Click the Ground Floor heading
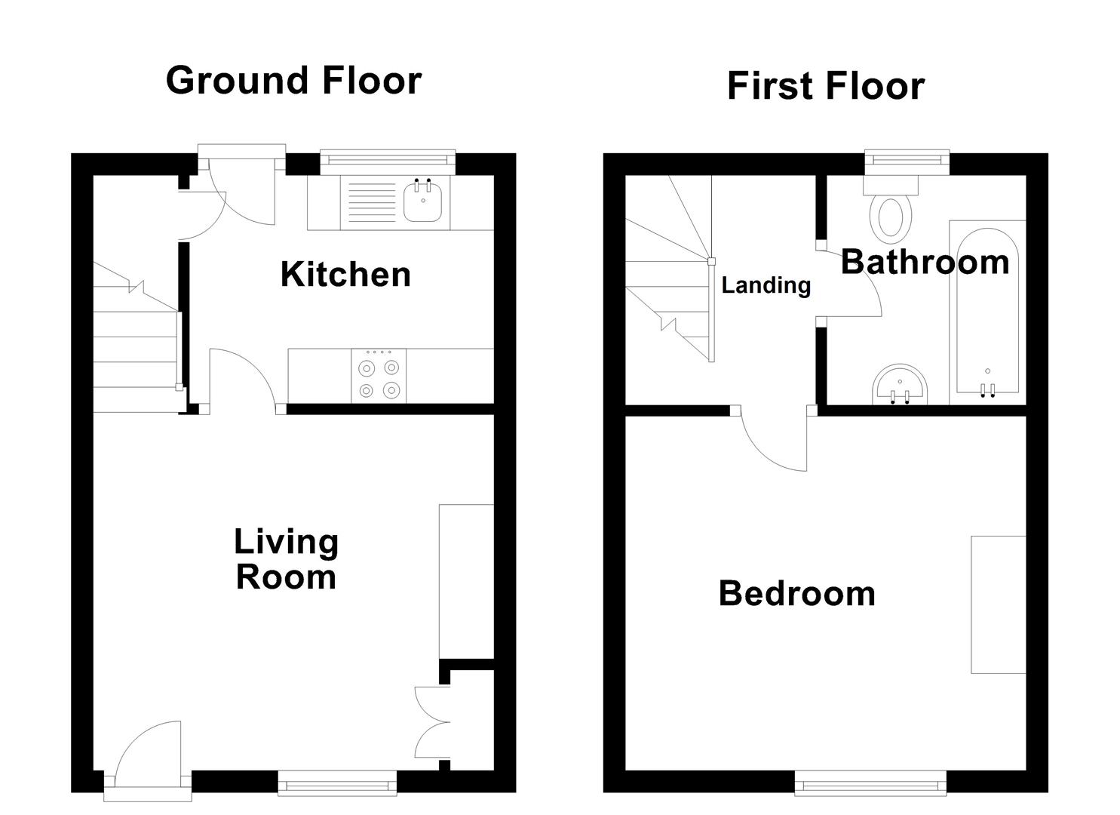click(293, 80)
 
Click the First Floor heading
click(825, 86)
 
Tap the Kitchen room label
click(345, 274)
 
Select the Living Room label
click(286, 559)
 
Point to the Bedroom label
click(796, 593)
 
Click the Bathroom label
click(925, 262)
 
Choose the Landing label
click(766, 285)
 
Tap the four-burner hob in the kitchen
click(379, 376)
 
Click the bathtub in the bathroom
click(987, 309)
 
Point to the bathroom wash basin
click(902, 386)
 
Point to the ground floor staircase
click(136, 347)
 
